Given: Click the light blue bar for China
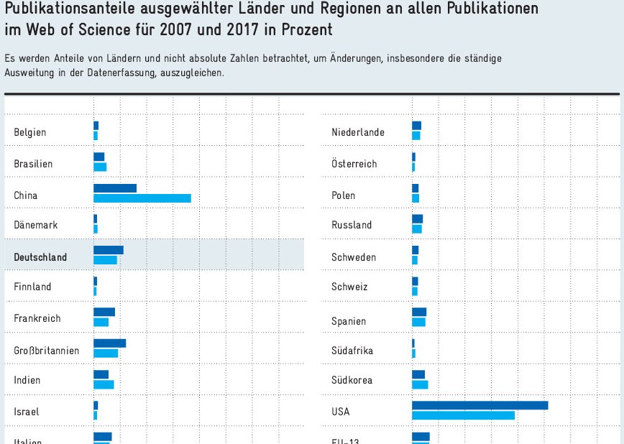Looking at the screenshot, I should (x=142, y=198).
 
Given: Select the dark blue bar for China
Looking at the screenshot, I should (x=115, y=188).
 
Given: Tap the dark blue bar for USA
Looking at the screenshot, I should (x=480, y=405).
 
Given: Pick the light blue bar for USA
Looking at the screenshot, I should (x=463, y=415).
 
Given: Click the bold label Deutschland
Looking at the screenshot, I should (x=40, y=257).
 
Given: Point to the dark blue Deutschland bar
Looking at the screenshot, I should (x=109, y=250).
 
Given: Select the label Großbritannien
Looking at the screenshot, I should (x=47, y=351).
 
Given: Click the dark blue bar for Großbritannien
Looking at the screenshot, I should (x=109, y=343).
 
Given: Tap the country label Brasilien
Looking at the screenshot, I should (x=33, y=164).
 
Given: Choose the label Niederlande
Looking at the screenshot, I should (x=358, y=132).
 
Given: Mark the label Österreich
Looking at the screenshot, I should (x=354, y=164).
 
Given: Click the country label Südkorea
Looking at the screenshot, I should (x=352, y=380).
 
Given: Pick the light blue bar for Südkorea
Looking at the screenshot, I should (x=420, y=384).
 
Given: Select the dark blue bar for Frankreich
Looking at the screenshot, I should (x=104, y=312).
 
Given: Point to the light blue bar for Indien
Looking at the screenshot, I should (x=104, y=384).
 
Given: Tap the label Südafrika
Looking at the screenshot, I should (x=352, y=351).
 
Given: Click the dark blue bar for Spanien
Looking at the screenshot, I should (x=419, y=312).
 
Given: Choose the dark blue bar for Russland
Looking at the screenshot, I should (x=417, y=218).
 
